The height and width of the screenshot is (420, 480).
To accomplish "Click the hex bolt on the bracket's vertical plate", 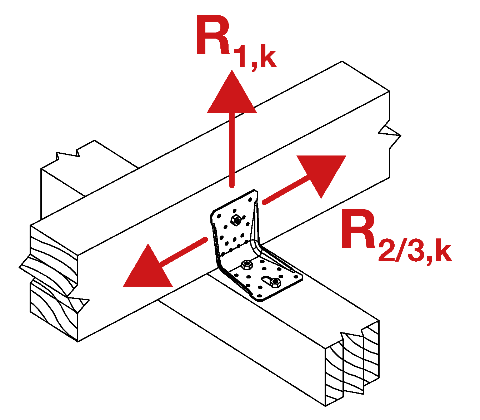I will (x=236, y=220).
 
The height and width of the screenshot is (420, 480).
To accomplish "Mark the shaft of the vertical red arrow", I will (x=232, y=150).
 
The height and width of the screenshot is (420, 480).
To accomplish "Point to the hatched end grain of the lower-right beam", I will (x=352, y=365).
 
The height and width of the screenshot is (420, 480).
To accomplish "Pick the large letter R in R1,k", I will (x=214, y=36).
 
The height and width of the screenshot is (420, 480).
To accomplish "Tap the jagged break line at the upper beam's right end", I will (x=389, y=136).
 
